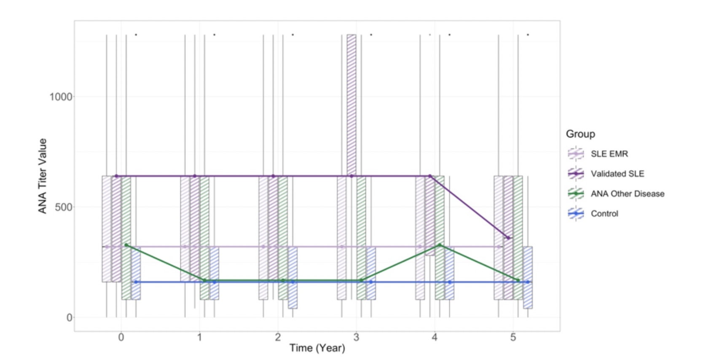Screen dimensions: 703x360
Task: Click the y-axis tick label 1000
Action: [61, 97]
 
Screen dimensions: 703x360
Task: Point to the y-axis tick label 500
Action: [64, 207]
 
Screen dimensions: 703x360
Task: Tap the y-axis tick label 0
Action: [70, 317]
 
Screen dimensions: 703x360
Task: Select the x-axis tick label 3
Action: [356, 337]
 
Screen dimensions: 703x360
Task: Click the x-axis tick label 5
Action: [513, 337]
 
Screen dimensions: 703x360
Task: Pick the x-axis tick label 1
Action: [200, 337]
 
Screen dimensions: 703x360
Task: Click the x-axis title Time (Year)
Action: [317, 348]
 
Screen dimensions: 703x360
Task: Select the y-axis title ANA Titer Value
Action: [43, 176]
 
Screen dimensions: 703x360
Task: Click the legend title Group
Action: [580, 134]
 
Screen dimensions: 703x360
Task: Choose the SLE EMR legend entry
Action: [598, 154]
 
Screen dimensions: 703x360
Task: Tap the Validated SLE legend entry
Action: [606, 174]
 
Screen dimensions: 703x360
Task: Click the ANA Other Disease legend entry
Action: [616, 193]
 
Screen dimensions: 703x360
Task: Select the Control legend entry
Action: [593, 214]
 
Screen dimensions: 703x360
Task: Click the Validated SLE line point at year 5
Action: [508, 238]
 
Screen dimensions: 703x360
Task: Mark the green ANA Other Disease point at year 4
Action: [440, 245]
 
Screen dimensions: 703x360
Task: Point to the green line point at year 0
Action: [126, 245]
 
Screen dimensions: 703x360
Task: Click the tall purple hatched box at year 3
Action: [351, 105]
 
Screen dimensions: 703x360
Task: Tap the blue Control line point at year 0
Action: [136, 282]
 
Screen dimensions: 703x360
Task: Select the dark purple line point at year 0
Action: [116, 176]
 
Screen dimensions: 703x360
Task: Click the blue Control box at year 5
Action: [528, 277]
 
